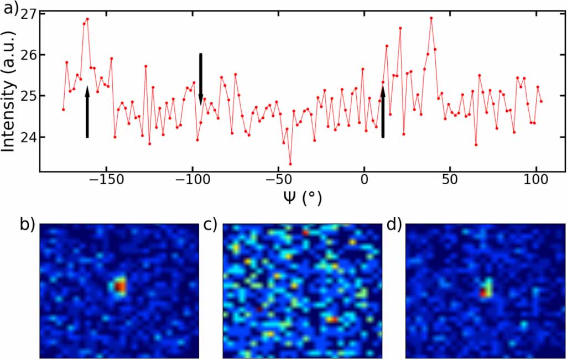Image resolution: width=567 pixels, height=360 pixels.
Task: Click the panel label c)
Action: coord(210,225)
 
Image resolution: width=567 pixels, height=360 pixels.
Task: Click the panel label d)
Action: coord(394,225)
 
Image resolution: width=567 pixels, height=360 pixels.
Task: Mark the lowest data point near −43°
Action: coord(290,164)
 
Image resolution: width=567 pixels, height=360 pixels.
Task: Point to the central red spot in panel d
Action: coord(485,292)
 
